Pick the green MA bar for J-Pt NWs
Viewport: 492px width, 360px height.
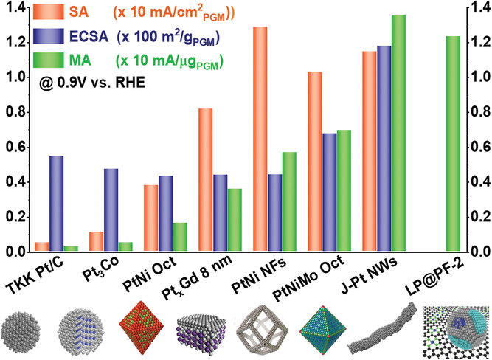point(398,134)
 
